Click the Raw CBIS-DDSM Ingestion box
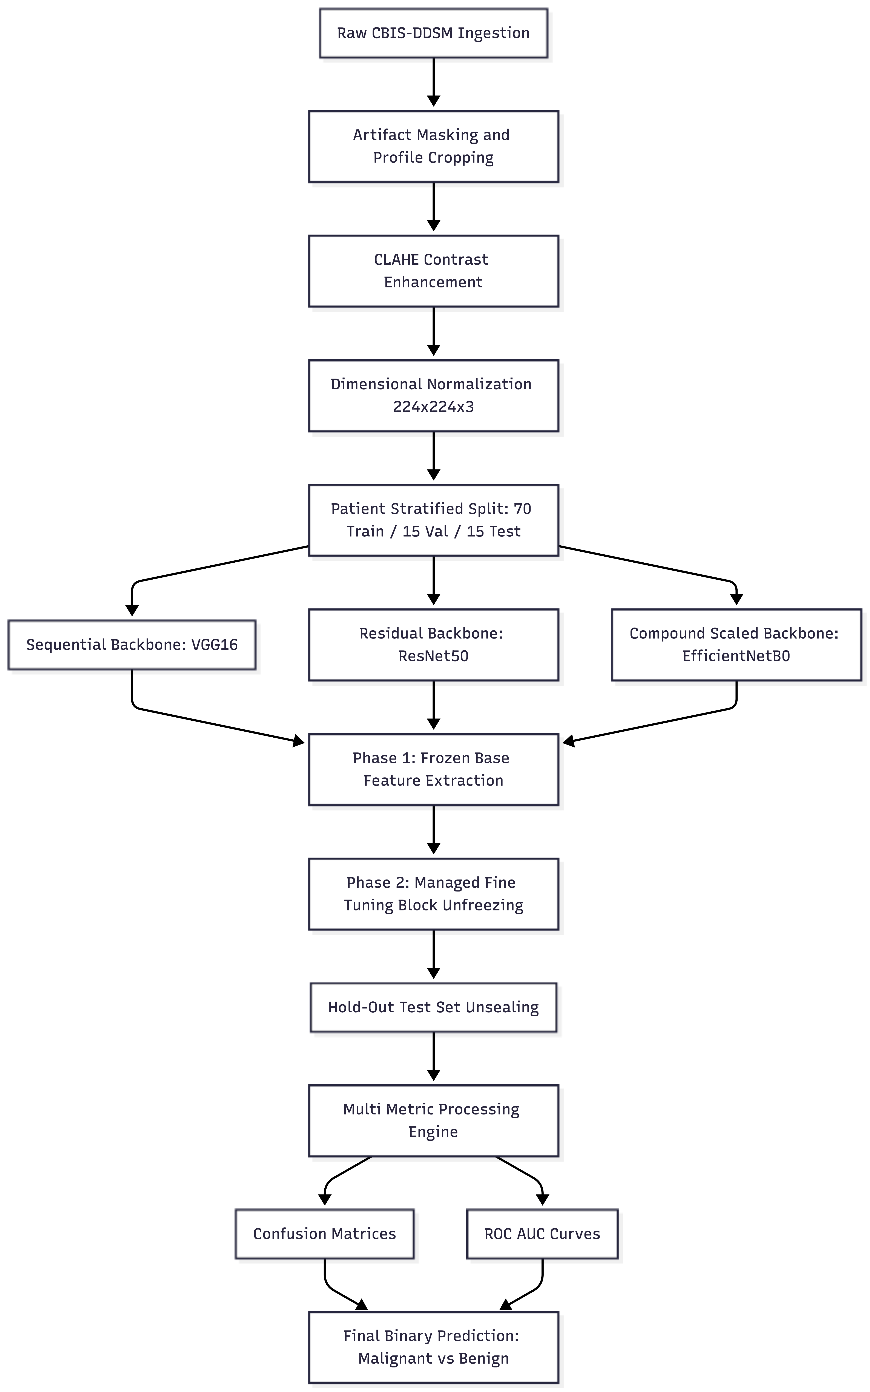(433, 33)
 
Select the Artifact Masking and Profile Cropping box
(433, 146)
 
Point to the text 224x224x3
(433, 407)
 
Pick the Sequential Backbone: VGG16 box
(132, 645)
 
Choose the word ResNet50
(433, 656)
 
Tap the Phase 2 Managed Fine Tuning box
(433, 894)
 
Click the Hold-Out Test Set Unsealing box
(433, 1007)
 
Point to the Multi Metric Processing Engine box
(433, 1120)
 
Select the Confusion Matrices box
(325, 1234)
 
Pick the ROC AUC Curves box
(542, 1234)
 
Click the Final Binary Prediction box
(433, 1347)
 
